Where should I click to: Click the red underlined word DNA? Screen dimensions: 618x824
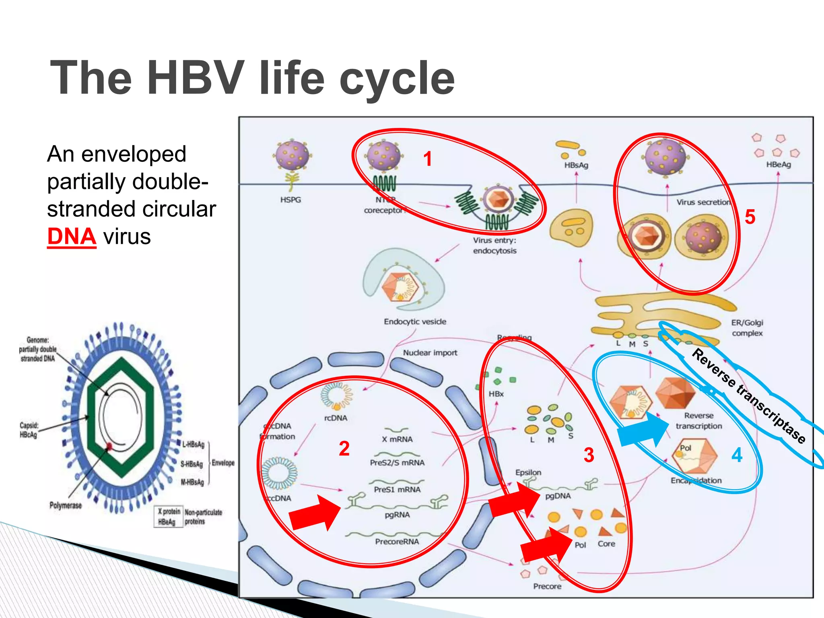click(x=72, y=237)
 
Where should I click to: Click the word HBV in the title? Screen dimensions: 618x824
click(x=196, y=78)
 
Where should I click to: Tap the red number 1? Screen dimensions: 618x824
click(x=428, y=159)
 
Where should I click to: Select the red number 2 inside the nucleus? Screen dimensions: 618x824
click(x=344, y=449)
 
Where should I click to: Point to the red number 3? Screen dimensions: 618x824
click(x=589, y=455)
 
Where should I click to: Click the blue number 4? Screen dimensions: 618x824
click(x=737, y=455)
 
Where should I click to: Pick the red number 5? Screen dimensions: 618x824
click(x=750, y=217)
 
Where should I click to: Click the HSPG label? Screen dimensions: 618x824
click(x=290, y=200)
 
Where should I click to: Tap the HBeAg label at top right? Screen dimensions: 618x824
click(x=778, y=165)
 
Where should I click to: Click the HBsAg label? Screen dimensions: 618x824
click(x=576, y=165)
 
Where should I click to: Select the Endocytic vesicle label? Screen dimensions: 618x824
click(x=415, y=321)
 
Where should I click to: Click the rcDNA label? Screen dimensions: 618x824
click(x=336, y=418)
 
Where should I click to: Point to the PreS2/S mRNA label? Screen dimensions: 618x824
click(x=397, y=463)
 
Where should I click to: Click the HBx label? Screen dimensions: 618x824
click(x=496, y=394)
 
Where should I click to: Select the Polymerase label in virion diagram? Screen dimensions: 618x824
click(x=66, y=505)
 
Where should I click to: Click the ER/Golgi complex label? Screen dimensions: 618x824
click(x=747, y=328)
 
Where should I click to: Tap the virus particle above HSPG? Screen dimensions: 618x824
click(x=293, y=156)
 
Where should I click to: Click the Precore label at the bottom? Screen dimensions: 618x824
click(x=547, y=586)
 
